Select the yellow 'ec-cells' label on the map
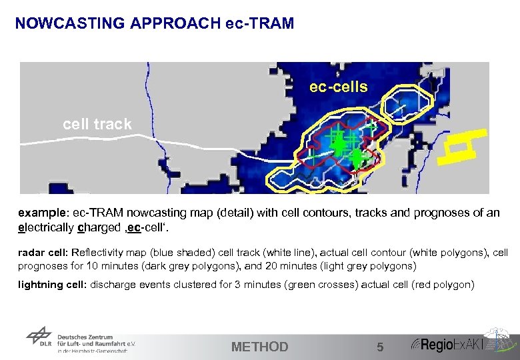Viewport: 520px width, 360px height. [x=338, y=87]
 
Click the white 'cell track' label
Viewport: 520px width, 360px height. [x=97, y=124]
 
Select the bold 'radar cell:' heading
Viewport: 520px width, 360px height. [x=39, y=252]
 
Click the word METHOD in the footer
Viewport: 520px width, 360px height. [x=259, y=347]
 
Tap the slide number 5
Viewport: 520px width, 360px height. [x=380, y=347]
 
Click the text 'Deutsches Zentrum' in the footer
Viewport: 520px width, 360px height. [x=85, y=337]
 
